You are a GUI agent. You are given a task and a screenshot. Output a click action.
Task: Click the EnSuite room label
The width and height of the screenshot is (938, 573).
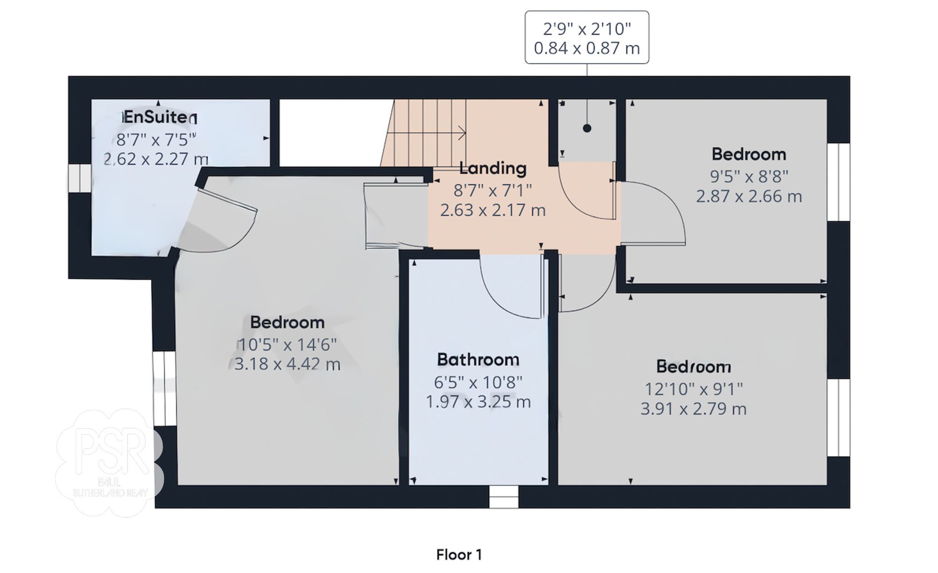[x=157, y=117]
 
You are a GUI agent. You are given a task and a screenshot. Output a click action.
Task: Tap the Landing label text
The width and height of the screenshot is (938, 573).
[x=492, y=168]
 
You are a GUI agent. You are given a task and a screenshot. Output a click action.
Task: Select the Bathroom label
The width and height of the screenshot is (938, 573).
[x=478, y=360]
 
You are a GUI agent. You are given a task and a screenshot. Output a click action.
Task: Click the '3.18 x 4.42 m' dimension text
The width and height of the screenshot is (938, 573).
[x=287, y=364]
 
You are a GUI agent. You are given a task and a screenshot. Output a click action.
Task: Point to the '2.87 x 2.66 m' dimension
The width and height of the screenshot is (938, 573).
[x=749, y=196]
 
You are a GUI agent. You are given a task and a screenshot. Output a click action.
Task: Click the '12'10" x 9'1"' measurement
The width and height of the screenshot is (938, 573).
[x=694, y=389]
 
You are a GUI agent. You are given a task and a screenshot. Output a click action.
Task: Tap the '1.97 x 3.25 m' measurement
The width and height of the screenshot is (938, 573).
[x=478, y=402]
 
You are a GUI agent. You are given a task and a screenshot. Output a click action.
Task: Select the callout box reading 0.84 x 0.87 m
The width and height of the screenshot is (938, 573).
[x=587, y=37]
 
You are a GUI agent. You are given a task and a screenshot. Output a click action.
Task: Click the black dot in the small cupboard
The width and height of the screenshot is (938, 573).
[x=587, y=128]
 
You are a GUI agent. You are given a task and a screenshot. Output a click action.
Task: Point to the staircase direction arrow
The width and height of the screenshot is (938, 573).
[x=462, y=133]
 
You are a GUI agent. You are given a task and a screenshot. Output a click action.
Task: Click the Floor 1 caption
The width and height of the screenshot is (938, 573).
[x=459, y=555]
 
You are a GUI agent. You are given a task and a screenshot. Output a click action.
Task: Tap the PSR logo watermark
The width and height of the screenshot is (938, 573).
[x=109, y=461]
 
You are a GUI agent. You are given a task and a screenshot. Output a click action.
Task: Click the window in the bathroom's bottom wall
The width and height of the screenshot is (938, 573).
[x=504, y=497]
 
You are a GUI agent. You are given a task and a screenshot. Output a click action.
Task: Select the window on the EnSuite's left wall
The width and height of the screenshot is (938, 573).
[x=80, y=178]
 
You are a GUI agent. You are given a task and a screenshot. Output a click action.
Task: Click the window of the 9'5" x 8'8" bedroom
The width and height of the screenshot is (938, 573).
[x=838, y=182]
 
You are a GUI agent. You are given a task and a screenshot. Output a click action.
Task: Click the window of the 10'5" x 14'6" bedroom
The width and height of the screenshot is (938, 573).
[x=166, y=388]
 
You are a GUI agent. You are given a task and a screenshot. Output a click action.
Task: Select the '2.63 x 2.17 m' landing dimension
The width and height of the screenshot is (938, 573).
[x=492, y=210]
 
